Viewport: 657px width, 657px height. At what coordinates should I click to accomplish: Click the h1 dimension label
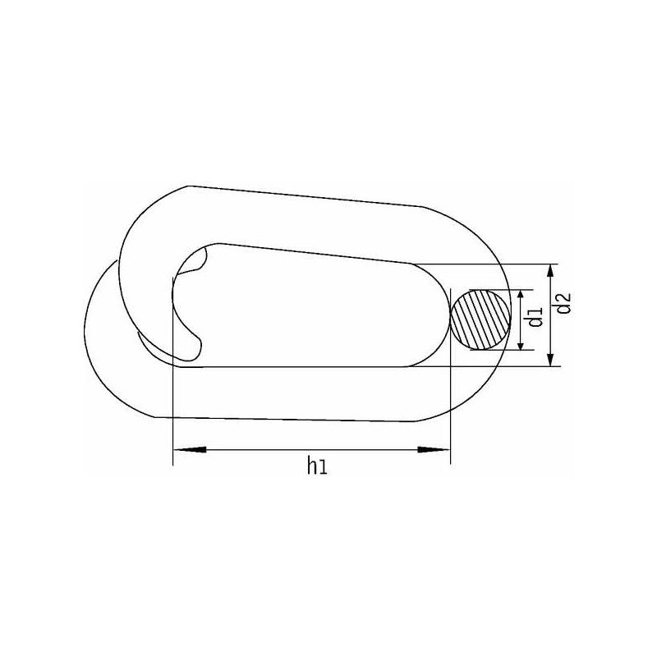click(317, 466)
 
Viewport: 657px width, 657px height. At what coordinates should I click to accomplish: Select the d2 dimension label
click(563, 303)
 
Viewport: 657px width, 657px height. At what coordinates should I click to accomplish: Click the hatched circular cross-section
click(480, 319)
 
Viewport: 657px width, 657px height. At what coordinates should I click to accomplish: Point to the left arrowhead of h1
click(190, 449)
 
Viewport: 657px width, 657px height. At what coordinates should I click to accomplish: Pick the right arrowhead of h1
click(434, 449)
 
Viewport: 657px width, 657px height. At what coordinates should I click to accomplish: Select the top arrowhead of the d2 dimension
click(551, 273)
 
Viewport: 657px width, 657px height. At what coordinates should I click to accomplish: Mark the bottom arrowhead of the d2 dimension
click(551, 359)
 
